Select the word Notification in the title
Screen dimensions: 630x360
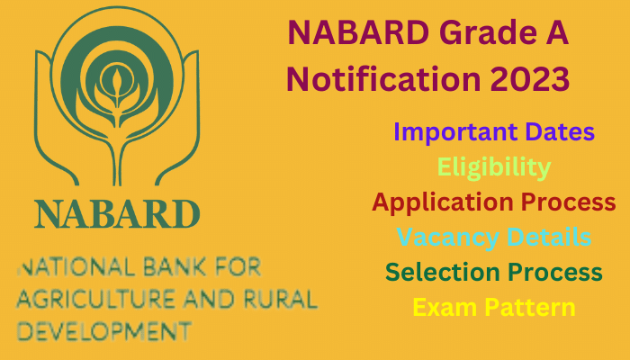tap(383, 78)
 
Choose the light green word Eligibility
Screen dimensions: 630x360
tap(494, 168)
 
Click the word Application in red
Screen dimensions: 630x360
tap(443, 202)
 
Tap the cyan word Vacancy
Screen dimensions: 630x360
tap(448, 238)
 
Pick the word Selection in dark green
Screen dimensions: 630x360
tap(443, 272)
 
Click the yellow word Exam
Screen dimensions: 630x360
tap(445, 308)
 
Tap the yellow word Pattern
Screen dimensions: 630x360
tap(530, 308)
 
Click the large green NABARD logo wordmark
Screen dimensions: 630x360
tap(117, 214)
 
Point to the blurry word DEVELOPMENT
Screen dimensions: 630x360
tap(104, 331)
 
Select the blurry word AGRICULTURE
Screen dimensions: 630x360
tap(95, 300)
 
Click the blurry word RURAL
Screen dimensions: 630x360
tap(281, 300)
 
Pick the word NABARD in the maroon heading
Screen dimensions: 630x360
tap(358, 33)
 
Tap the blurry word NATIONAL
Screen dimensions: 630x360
tap(76, 267)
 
